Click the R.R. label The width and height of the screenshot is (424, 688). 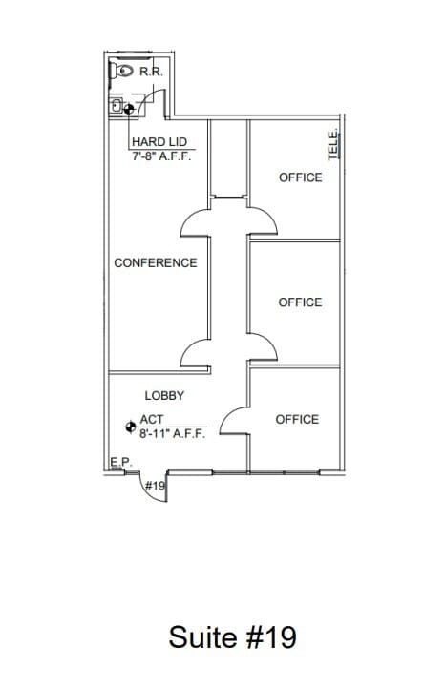pyautogui.click(x=150, y=72)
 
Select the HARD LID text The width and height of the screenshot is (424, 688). pyautogui.click(x=159, y=142)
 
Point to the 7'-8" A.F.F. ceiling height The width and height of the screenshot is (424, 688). pyautogui.click(x=161, y=156)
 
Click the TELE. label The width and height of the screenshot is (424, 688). pyautogui.click(x=333, y=144)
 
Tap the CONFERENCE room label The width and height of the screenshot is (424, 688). pyautogui.click(x=156, y=262)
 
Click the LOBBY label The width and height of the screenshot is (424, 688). pyautogui.click(x=164, y=395)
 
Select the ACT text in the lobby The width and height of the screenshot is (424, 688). pyautogui.click(x=152, y=419)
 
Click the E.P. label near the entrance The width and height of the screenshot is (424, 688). pyautogui.click(x=119, y=462)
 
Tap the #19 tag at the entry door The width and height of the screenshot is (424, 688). pyautogui.click(x=155, y=486)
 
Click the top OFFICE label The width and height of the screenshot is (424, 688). pyautogui.click(x=300, y=177)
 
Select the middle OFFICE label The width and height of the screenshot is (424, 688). pyautogui.click(x=300, y=302)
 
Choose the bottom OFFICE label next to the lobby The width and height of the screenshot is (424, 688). pyautogui.click(x=297, y=419)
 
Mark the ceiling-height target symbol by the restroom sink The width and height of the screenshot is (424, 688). pyautogui.click(x=130, y=109)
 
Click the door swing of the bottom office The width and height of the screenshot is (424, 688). pyautogui.click(x=232, y=418)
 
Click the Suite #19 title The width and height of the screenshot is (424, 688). pyautogui.click(x=233, y=636)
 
